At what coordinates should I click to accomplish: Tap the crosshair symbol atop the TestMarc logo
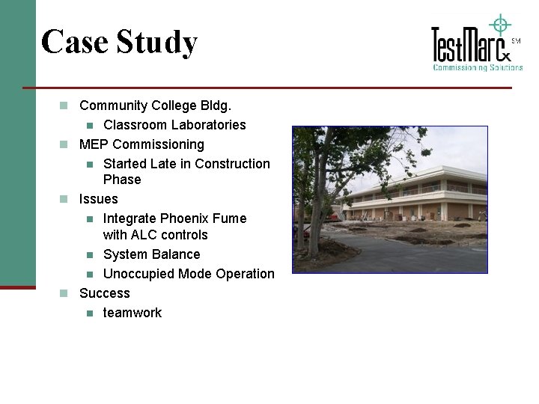[499, 25]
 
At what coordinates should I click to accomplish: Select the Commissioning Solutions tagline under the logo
[478, 67]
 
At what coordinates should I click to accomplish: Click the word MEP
[94, 144]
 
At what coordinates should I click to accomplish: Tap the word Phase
[122, 180]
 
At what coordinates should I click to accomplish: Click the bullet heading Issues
[99, 199]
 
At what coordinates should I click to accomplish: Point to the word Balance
[176, 254]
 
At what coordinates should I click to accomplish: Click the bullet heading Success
[105, 293]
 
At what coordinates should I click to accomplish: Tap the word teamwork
[133, 313]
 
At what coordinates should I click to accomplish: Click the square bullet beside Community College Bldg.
[64, 105]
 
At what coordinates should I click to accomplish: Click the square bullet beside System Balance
[89, 254]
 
